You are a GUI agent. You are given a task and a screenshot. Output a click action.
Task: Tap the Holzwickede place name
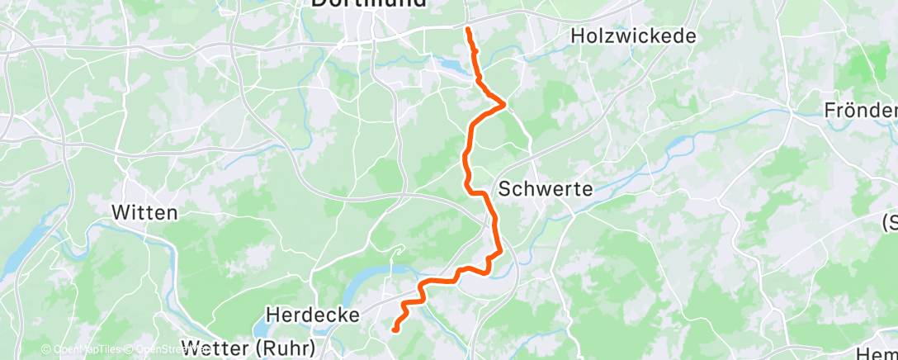[x=633, y=36]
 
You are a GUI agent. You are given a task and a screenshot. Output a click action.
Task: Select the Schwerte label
[x=546, y=188]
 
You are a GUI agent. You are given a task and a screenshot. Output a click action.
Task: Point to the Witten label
[x=144, y=212]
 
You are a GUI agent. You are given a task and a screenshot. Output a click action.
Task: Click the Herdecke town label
[x=313, y=315]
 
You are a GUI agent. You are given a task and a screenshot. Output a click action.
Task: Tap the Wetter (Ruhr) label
[x=247, y=347]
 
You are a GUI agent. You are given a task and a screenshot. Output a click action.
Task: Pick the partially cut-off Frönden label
[x=860, y=111]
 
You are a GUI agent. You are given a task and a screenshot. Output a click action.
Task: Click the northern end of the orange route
[x=468, y=30]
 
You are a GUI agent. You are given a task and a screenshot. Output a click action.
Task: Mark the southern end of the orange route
[x=395, y=329]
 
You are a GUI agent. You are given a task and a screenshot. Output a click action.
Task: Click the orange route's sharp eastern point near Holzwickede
[x=503, y=103]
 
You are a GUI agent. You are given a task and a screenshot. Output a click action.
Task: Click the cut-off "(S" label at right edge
[x=890, y=222]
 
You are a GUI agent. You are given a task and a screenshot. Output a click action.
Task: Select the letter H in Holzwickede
[x=578, y=36]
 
